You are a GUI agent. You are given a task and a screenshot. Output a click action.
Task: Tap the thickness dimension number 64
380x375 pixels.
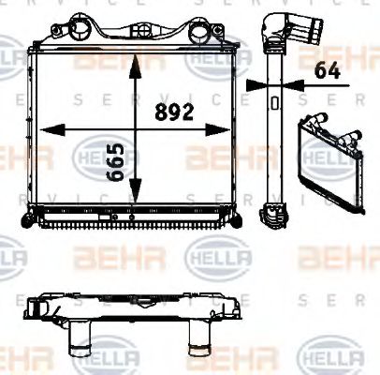click(326, 69)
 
